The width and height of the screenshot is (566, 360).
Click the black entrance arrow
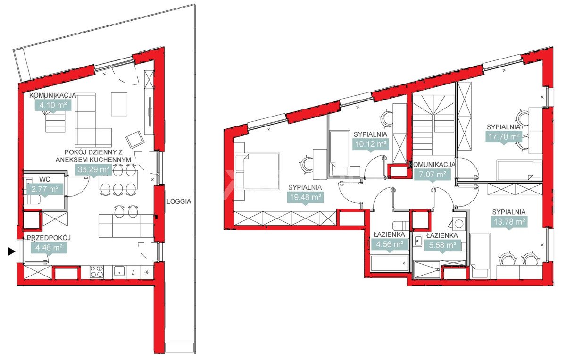(12, 251)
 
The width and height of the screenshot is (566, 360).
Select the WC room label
(44, 179)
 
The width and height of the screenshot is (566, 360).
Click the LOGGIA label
(179, 201)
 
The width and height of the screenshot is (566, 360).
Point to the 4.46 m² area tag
(49, 248)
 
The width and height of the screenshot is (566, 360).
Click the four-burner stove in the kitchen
(97, 272)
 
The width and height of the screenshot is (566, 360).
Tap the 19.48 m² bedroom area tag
(306, 197)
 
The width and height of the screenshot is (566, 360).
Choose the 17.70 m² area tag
(504, 137)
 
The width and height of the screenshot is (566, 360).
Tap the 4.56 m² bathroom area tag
(390, 245)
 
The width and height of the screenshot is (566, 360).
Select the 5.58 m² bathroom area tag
(442, 245)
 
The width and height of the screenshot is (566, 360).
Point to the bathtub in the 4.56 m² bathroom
(389, 263)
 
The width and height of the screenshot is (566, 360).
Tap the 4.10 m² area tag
(53, 105)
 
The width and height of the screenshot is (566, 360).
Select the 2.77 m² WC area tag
(45, 190)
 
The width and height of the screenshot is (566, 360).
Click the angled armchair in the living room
(135, 140)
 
